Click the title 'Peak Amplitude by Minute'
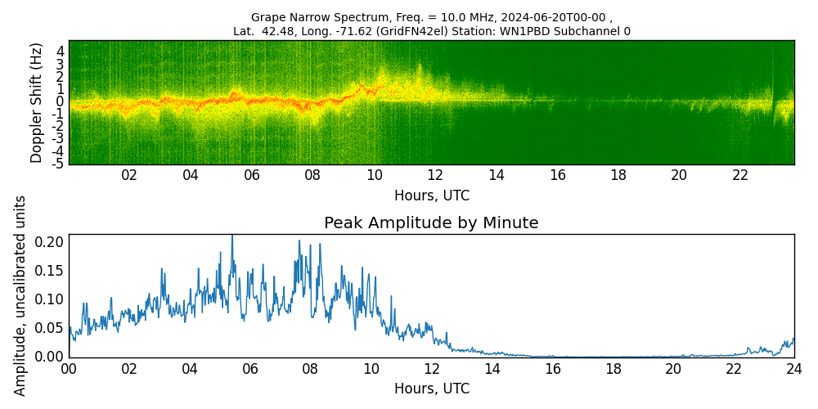click(431, 222)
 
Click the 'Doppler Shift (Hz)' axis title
click(37, 102)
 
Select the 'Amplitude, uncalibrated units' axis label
click(20, 295)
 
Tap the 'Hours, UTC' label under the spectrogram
click(432, 196)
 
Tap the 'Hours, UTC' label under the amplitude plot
click(432, 389)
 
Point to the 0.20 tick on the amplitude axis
click(50, 242)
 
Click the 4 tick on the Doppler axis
click(60, 51)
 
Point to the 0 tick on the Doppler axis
click(60, 101)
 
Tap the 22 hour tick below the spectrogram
click(740, 175)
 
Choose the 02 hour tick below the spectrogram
click(129, 175)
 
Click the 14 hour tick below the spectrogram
click(496, 175)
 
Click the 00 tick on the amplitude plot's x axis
click(69, 369)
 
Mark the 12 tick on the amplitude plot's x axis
click(432, 369)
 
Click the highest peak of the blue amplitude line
click(231, 236)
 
